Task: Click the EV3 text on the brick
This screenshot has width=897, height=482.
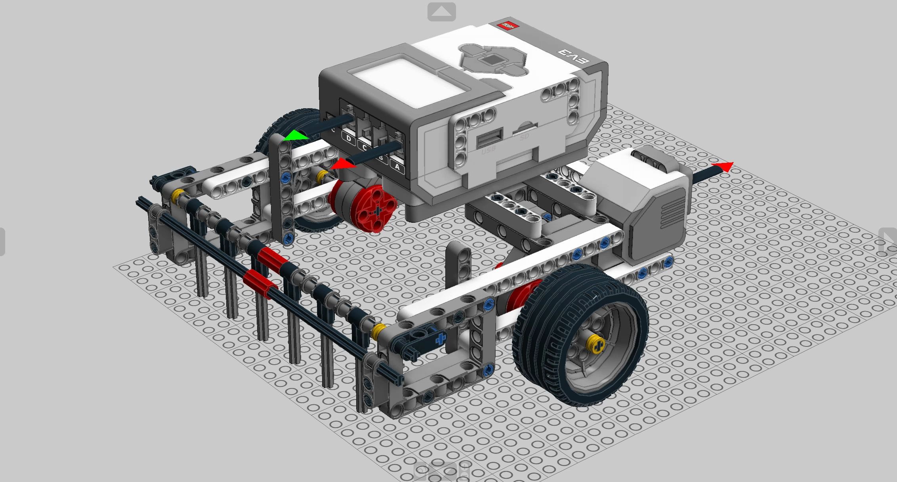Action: (574, 57)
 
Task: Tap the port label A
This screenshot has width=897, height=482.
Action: (397, 167)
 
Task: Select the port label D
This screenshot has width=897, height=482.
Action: (349, 139)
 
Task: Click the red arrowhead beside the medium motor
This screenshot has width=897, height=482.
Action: (723, 166)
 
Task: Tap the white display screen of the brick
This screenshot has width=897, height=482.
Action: (408, 82)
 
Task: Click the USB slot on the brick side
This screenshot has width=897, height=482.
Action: (490, 138)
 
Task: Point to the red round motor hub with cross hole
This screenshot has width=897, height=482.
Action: (376, 209)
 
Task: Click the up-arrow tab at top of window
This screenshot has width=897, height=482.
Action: (441, 12)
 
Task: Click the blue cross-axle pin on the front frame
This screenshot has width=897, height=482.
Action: (440, 339)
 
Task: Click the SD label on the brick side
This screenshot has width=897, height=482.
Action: (524, 137)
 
